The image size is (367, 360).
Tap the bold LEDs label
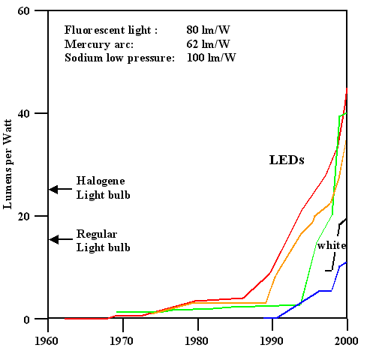[286, 160]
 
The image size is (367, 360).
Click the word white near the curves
[331, 245]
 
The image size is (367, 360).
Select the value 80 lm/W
[208, 30]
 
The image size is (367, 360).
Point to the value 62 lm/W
[208, 44]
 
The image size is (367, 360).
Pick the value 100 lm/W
[211, 58]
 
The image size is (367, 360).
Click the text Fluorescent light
[110, 30]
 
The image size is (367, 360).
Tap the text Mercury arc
[98, 44]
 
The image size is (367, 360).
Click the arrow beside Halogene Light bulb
[59, 189]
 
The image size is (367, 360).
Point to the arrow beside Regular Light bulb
[59, 239]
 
